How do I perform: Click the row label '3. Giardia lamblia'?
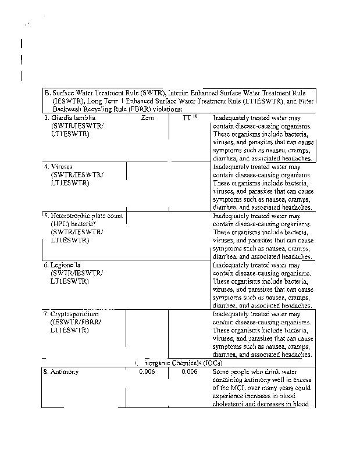tap(70, 118)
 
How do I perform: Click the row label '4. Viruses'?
tap(58, 167)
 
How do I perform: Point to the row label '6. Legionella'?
tap(65, 265)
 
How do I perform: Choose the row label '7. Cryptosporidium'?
tap(73, 314)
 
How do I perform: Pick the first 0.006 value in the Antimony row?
tap(147, 371)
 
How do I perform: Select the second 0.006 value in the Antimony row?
tap(190, 371)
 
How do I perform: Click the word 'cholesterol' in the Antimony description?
tap(233, 404)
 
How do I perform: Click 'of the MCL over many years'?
tap(251, 388)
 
